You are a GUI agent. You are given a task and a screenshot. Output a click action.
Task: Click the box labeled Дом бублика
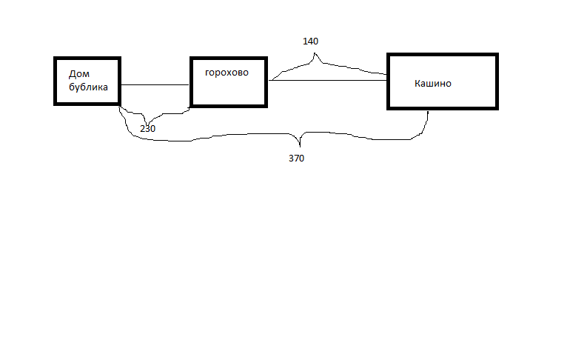[x=87, y=81]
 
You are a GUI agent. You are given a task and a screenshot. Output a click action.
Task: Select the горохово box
[x=228, y=81]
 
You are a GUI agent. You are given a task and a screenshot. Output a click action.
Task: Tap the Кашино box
[x=443, y=81]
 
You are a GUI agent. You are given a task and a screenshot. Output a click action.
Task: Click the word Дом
[x=79, y=74]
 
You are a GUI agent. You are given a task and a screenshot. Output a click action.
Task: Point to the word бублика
[x=89, y=87]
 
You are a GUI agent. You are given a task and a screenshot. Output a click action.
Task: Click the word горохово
[x=227, y=73]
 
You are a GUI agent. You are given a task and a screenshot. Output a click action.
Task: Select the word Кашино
[x=433, y=84]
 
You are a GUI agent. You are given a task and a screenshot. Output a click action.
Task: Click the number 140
[x=311, y=41]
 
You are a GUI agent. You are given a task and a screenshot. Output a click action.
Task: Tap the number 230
[x=147, y=128]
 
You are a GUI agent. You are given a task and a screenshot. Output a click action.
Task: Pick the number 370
[x=296, y=158]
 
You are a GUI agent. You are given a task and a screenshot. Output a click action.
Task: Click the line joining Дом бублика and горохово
[x=155, y=85]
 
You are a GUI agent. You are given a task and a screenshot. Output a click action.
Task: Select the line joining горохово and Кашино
[x=327, y=81]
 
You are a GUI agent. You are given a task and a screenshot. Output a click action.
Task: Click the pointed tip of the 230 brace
[x=147, y=123]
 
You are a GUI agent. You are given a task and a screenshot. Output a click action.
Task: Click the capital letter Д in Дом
[x=72, y=74]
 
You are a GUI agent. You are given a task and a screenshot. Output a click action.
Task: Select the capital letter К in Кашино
[x=418, y=84]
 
